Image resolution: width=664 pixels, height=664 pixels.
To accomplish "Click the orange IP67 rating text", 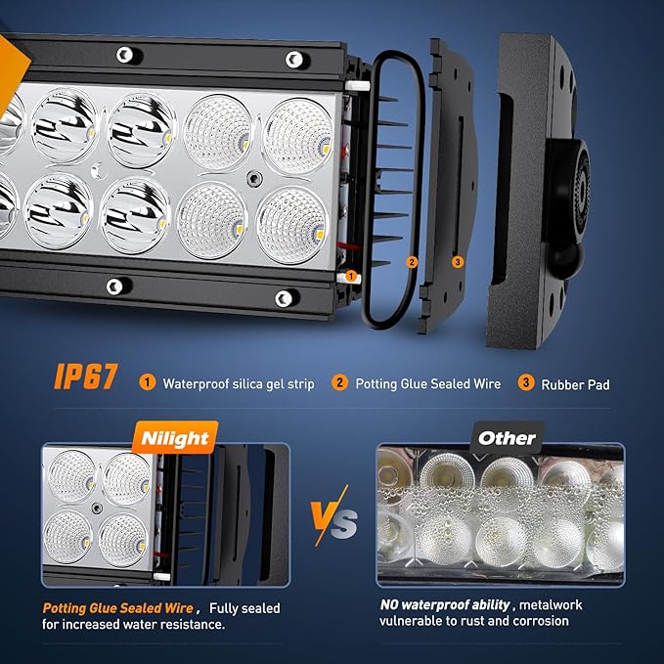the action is (x=85, y=376).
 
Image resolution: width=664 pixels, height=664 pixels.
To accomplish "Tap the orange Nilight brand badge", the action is (x=175, y=438).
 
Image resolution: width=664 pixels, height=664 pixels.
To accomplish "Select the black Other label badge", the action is (x=507, y=438).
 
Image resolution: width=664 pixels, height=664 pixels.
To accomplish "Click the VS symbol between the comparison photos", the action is (x=333, y=516).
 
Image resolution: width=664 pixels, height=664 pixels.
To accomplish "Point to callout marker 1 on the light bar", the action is (x=351, y=277).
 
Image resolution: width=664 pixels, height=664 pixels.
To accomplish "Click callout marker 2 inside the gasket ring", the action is (x=412, y=262).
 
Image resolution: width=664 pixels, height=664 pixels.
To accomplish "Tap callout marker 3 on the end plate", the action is (x=458, y=262).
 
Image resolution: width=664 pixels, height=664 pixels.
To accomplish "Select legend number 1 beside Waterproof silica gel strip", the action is (x=148, y=382).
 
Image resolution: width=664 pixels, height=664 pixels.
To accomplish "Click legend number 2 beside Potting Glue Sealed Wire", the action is (x=339, y=382).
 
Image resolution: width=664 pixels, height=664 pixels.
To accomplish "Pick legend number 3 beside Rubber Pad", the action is (x=525, y=382).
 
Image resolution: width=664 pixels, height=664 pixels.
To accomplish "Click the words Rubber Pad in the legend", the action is (x=575, y=385).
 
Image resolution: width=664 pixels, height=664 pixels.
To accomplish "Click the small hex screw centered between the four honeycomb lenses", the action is (x=254, y=178).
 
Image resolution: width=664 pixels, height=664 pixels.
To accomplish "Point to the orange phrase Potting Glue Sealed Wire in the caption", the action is (x=118, y=608).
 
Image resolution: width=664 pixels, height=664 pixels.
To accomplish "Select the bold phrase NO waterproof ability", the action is (x=445, y=605).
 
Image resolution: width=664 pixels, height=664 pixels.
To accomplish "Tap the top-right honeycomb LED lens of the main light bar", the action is (x=298, y=136).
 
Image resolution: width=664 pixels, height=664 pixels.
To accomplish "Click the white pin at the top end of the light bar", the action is (x=357, y=86).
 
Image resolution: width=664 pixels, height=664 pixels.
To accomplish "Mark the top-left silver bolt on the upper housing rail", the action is (x=124, y=55).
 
